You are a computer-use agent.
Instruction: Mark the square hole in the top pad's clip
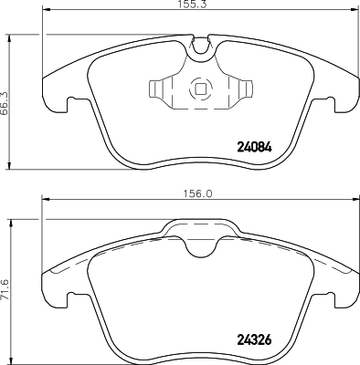click(198, 90)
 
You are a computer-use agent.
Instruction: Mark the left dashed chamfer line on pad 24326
click(69, 260)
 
